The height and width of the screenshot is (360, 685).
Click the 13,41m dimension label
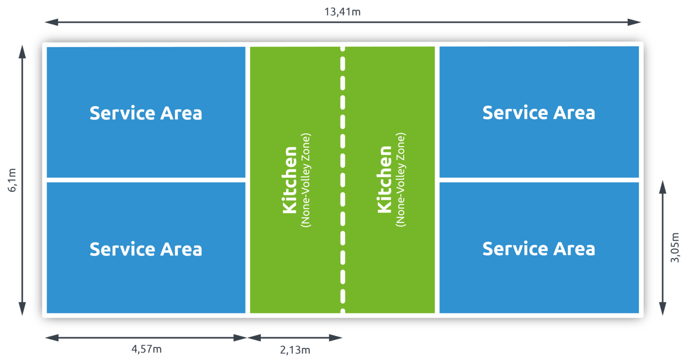coord(342,12)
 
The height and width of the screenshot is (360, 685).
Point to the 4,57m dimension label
coord(146,349)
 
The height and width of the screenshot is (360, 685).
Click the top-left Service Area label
coord(146,113)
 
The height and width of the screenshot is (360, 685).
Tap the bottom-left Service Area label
coord(146,249)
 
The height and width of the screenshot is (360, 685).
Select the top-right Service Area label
coord(539,113)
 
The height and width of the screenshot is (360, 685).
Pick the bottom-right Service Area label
coord(539,249)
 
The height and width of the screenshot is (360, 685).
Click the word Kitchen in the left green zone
coord(290,180)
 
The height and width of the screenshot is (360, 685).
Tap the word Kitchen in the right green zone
coord(385,180)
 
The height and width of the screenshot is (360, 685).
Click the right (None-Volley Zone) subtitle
coord(401,180)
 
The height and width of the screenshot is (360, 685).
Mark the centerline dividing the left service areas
coord(146,180)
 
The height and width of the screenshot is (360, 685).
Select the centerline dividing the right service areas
coord(539,180)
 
